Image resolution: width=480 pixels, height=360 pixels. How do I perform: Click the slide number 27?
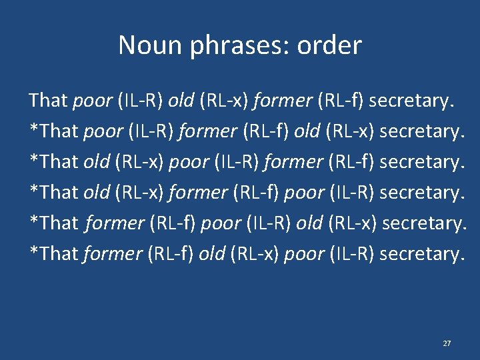tap(447, 343)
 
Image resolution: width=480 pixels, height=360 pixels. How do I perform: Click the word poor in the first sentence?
tap(92, 101)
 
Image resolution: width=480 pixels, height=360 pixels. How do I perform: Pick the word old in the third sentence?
tap(97, 162)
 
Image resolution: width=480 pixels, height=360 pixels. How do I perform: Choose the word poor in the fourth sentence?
tap(303, 193)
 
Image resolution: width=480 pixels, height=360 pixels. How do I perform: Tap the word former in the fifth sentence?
tap(115, 223)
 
